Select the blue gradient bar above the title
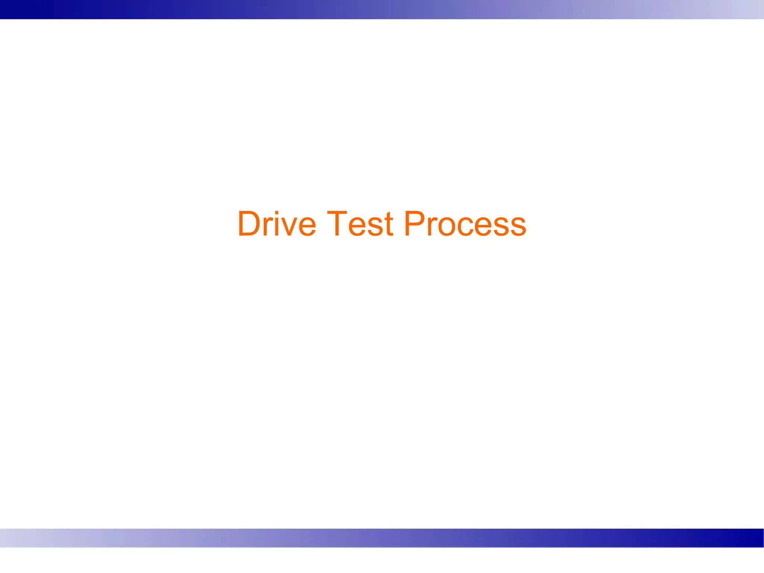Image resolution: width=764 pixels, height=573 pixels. (x=382, y=9)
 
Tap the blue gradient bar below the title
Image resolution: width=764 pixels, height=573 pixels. (x=382, y=538)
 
